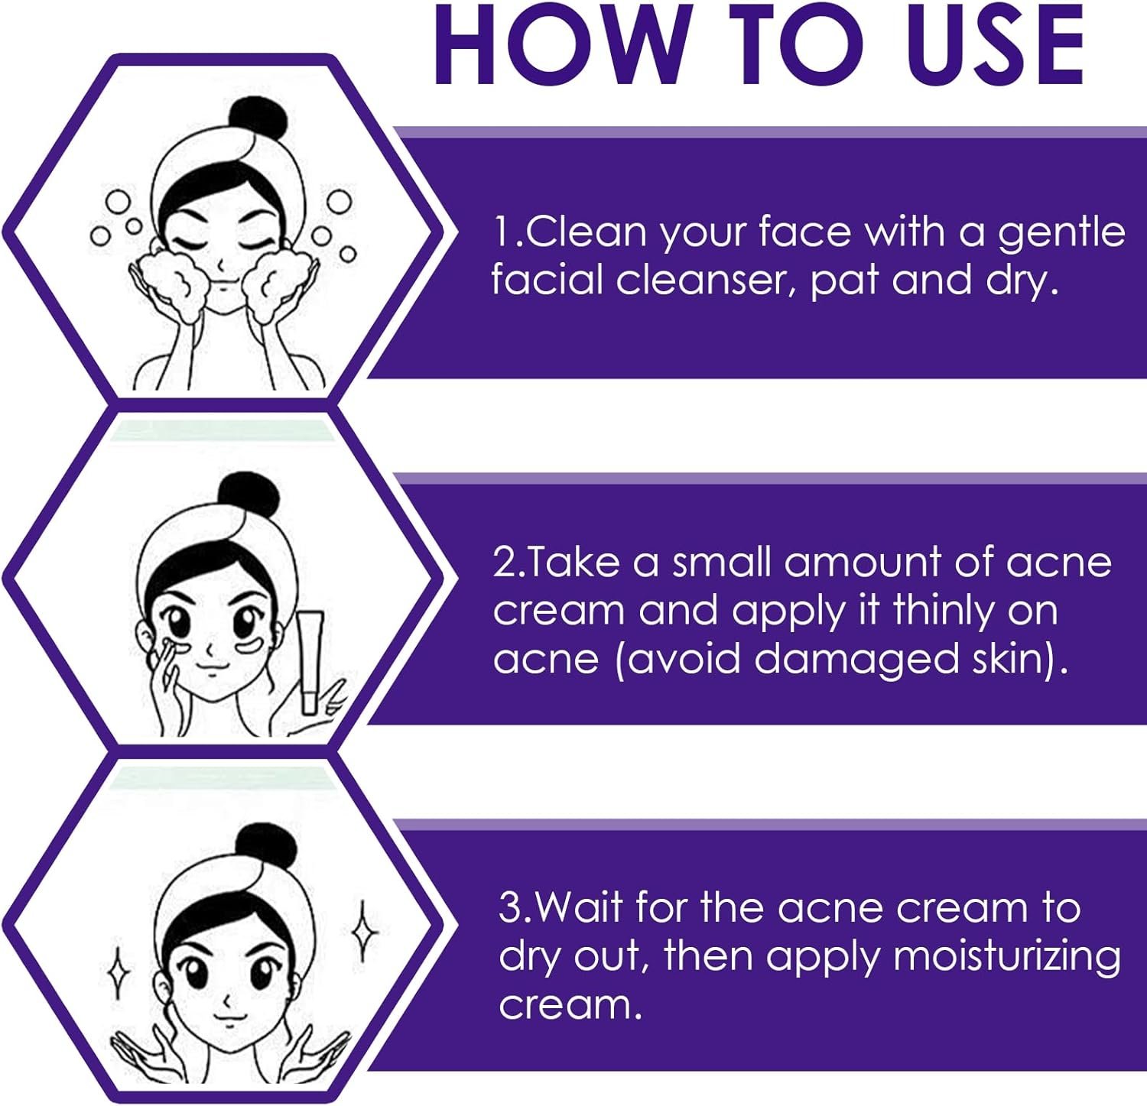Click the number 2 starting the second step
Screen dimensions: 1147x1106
click(505, 563)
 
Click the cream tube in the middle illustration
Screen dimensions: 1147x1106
click(312, 662)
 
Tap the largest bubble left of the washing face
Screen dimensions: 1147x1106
click(119, 202)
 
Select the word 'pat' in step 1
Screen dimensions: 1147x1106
click(843, 282)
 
